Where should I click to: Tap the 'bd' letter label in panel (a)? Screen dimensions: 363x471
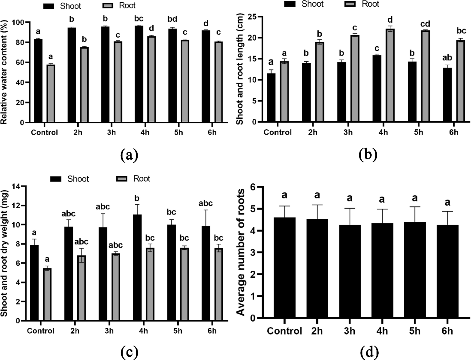(x=172, y=19)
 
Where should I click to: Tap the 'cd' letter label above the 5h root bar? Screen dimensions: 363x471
(x=425, y=24)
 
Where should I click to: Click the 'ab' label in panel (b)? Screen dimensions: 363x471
(x=447, y=58)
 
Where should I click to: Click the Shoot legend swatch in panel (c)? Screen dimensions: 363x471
(x=56, y=179)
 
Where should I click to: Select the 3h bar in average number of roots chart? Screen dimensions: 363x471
(x=350, y=271)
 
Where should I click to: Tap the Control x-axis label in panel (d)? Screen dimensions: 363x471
(x=284, y=331)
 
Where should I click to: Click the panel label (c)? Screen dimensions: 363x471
(x=129, y=352)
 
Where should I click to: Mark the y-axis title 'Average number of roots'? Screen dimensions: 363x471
(x=241, y=252)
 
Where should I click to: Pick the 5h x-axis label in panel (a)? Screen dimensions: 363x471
(x=179, y=132)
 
